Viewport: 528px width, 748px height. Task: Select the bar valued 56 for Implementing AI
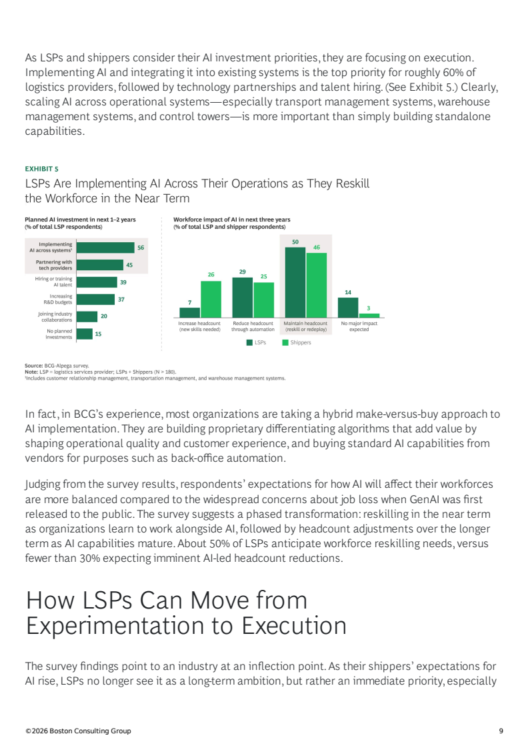tap(105, 247)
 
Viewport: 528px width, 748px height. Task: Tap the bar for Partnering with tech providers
tap(100, 264)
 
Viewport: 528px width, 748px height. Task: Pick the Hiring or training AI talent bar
tap(97, 282)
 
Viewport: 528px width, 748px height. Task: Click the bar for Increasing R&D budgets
tap(95, 300)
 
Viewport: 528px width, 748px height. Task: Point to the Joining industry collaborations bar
tap(87, 316)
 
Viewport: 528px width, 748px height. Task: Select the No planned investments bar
tap(84, 334)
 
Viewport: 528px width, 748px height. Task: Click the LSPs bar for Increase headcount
tap(189, 312)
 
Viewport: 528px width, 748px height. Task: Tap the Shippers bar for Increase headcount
tap(211, 299)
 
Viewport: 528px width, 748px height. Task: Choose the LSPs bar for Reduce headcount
tap(242, 297)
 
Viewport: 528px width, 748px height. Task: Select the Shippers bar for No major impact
tap(369, 315)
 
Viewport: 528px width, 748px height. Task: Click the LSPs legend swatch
tap(249, 342)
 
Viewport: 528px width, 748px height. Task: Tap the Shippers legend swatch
tap(285, 342)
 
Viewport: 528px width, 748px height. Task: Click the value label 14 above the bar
tap(348, 292)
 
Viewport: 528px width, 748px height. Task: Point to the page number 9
tap(501, 731)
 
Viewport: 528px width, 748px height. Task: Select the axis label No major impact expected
tap(359, 326)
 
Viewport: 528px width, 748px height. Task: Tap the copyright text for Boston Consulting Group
tap(78, 731)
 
